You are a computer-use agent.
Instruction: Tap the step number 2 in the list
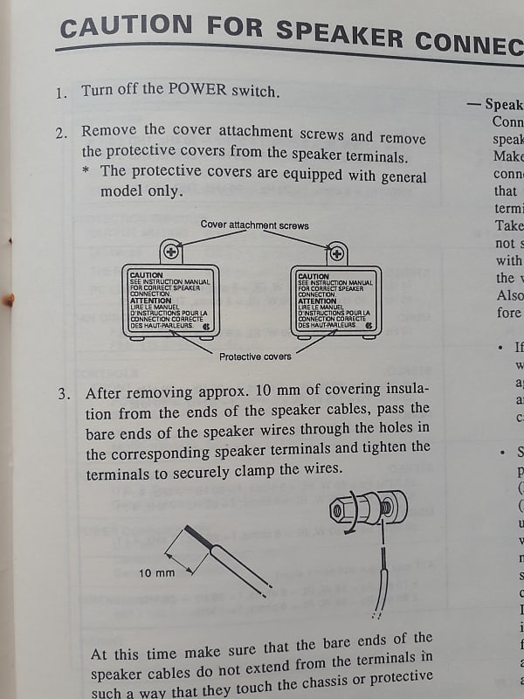coord(61,134)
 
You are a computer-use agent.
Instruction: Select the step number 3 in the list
coord(65,393)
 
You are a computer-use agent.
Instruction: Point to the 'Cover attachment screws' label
coord(254,225)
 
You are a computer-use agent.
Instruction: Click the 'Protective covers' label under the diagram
coord(255,356)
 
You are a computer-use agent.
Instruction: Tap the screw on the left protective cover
coord(171,253)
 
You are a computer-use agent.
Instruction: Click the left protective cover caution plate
coord(170,301)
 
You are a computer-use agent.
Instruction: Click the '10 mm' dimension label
coord(157,574)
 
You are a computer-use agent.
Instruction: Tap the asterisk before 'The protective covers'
coord(86,172)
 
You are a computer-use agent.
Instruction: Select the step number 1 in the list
coord(60,93)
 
